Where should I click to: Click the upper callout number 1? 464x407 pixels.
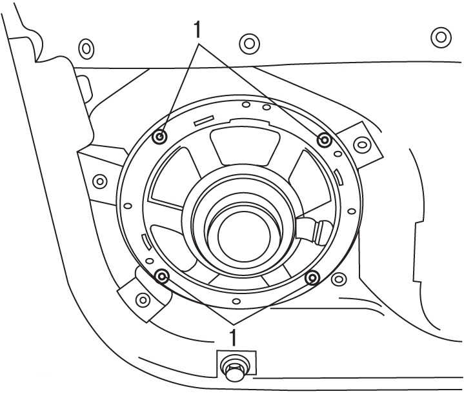point(198,29)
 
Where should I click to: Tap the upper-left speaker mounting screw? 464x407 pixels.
point(161,137)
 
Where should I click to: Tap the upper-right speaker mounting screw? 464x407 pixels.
point(325,140)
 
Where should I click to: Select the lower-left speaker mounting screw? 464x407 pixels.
point(163,277)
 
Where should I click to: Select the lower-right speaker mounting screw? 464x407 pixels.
point(312,278)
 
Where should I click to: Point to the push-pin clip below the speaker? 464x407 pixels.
point(233,370)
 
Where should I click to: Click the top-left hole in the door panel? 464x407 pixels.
point(85,47)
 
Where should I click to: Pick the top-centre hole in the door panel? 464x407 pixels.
point(249,43)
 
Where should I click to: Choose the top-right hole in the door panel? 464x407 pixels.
point(441,37)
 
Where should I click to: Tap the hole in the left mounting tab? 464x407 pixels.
point(99,181)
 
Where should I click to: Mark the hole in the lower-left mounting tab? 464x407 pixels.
point(143,300)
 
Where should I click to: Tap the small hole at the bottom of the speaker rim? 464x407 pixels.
point(237,301)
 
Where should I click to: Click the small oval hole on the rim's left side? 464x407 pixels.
point(128,206)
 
